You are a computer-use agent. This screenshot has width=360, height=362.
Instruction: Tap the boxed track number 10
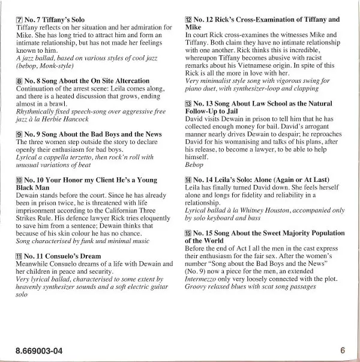pyautogui.click(x=19, y=180)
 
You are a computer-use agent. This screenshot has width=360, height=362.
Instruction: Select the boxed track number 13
pyautogui.click(x=188, y=104)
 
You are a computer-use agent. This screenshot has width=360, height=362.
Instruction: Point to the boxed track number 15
pyautogui.click(x=188, y=233)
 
